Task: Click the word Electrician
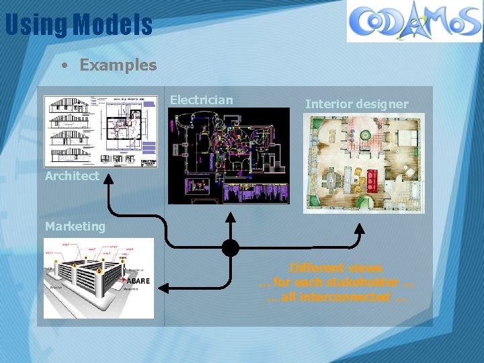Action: click(x=202, y=100)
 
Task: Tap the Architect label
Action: click(x=72, y=176)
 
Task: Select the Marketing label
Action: click(x=75, y=227)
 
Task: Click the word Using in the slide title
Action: click(x=36, y=26)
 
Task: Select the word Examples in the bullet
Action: click(x=118, y=65)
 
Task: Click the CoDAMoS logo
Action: click(x=414, y=21)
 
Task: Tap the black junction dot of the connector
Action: click(x=231, y=248)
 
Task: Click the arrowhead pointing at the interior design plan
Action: click(x=360, y=229)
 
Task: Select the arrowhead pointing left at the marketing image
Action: click(x=163, y=288)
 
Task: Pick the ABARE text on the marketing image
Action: click(x=138, y=280)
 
